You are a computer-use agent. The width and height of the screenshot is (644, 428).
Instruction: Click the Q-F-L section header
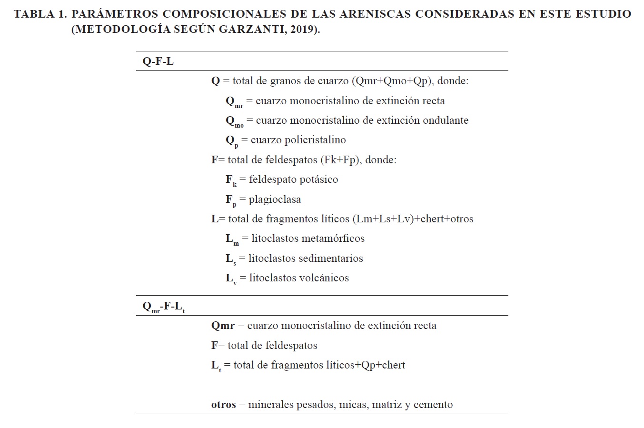[158, 61]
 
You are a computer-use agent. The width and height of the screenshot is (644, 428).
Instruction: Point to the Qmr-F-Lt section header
[163, 307]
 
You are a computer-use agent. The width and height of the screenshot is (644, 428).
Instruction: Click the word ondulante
[442, 120]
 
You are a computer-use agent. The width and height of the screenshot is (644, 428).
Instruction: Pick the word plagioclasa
[275, 199]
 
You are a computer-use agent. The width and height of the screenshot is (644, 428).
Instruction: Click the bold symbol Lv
[231, 279]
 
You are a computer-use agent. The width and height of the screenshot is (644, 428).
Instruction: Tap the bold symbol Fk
[231, 180]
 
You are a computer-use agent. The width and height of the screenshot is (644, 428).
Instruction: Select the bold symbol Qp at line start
[232, 141]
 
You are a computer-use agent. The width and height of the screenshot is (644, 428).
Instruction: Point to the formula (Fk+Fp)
[340, 160]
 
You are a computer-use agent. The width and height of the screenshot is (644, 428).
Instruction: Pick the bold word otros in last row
[224, 405]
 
